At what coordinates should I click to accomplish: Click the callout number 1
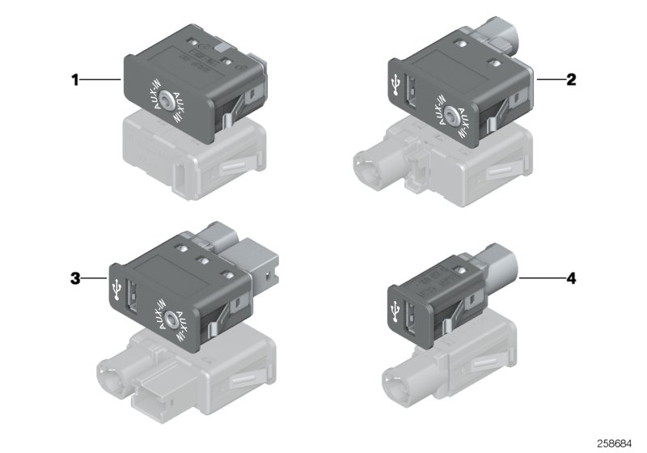click(75, 80)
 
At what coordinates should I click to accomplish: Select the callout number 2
click(571, 80)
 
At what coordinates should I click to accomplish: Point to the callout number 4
click(571, 278)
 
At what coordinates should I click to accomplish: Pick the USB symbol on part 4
click(395, 309)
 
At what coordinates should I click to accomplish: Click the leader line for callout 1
click(101, 80)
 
